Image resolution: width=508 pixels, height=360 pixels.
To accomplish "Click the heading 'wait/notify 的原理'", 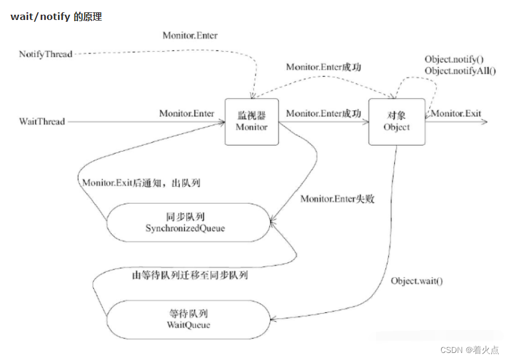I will [56, 17].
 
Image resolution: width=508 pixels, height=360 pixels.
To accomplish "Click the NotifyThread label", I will [45, 54].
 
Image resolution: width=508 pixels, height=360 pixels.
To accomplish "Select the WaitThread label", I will [42, 122].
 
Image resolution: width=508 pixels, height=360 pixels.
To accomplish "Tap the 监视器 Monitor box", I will [251, 122].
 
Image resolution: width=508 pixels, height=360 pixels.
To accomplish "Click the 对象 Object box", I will [396, 122].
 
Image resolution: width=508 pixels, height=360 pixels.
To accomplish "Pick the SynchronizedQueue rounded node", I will [185, 222].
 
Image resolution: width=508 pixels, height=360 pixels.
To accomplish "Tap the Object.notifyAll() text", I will [460, 71].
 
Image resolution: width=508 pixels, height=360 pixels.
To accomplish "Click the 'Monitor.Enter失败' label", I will [337, 199].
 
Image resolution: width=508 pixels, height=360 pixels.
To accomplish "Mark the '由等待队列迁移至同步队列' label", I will [190, 274].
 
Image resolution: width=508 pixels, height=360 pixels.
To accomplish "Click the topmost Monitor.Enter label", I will [190, 35].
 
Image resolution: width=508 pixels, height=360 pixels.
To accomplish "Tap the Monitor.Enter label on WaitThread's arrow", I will [186, 113].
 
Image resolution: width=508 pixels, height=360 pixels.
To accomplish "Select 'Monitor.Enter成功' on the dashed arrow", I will [323, 68].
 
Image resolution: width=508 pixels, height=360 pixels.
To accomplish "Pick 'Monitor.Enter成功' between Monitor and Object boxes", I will [323, 113].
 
